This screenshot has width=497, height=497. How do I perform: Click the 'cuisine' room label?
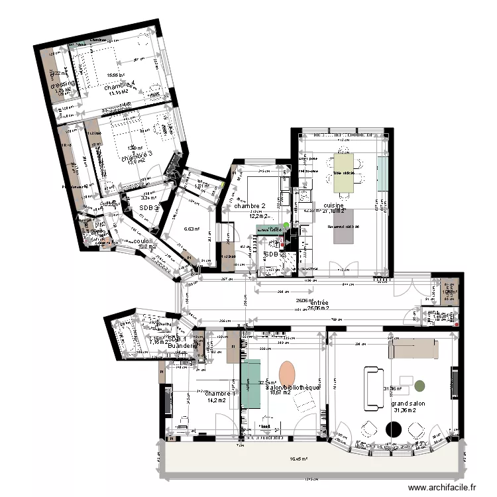tap(333, 206)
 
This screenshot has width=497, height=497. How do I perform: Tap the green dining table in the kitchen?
tap(343, 172)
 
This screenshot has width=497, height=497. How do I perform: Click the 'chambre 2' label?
tap(249, 206)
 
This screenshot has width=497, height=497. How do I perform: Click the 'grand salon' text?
tap(408, 403)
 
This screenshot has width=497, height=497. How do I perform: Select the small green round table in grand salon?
tap(421, 384)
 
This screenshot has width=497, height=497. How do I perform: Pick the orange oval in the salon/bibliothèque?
tap(287, 372)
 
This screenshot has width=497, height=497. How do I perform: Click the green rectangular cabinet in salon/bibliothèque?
tap(250, 384)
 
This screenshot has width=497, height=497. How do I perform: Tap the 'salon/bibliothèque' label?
tap(292, 387)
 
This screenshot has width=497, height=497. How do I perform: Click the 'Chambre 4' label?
tap(119, 84)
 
